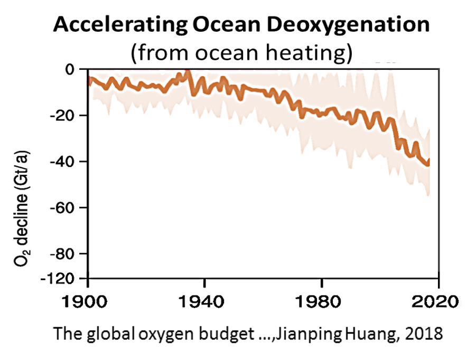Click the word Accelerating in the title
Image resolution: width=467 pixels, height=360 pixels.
pyautogui.click(x=112, y=25)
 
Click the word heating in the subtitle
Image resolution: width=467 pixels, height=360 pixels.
pyautogui.click(x=317, y=53)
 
